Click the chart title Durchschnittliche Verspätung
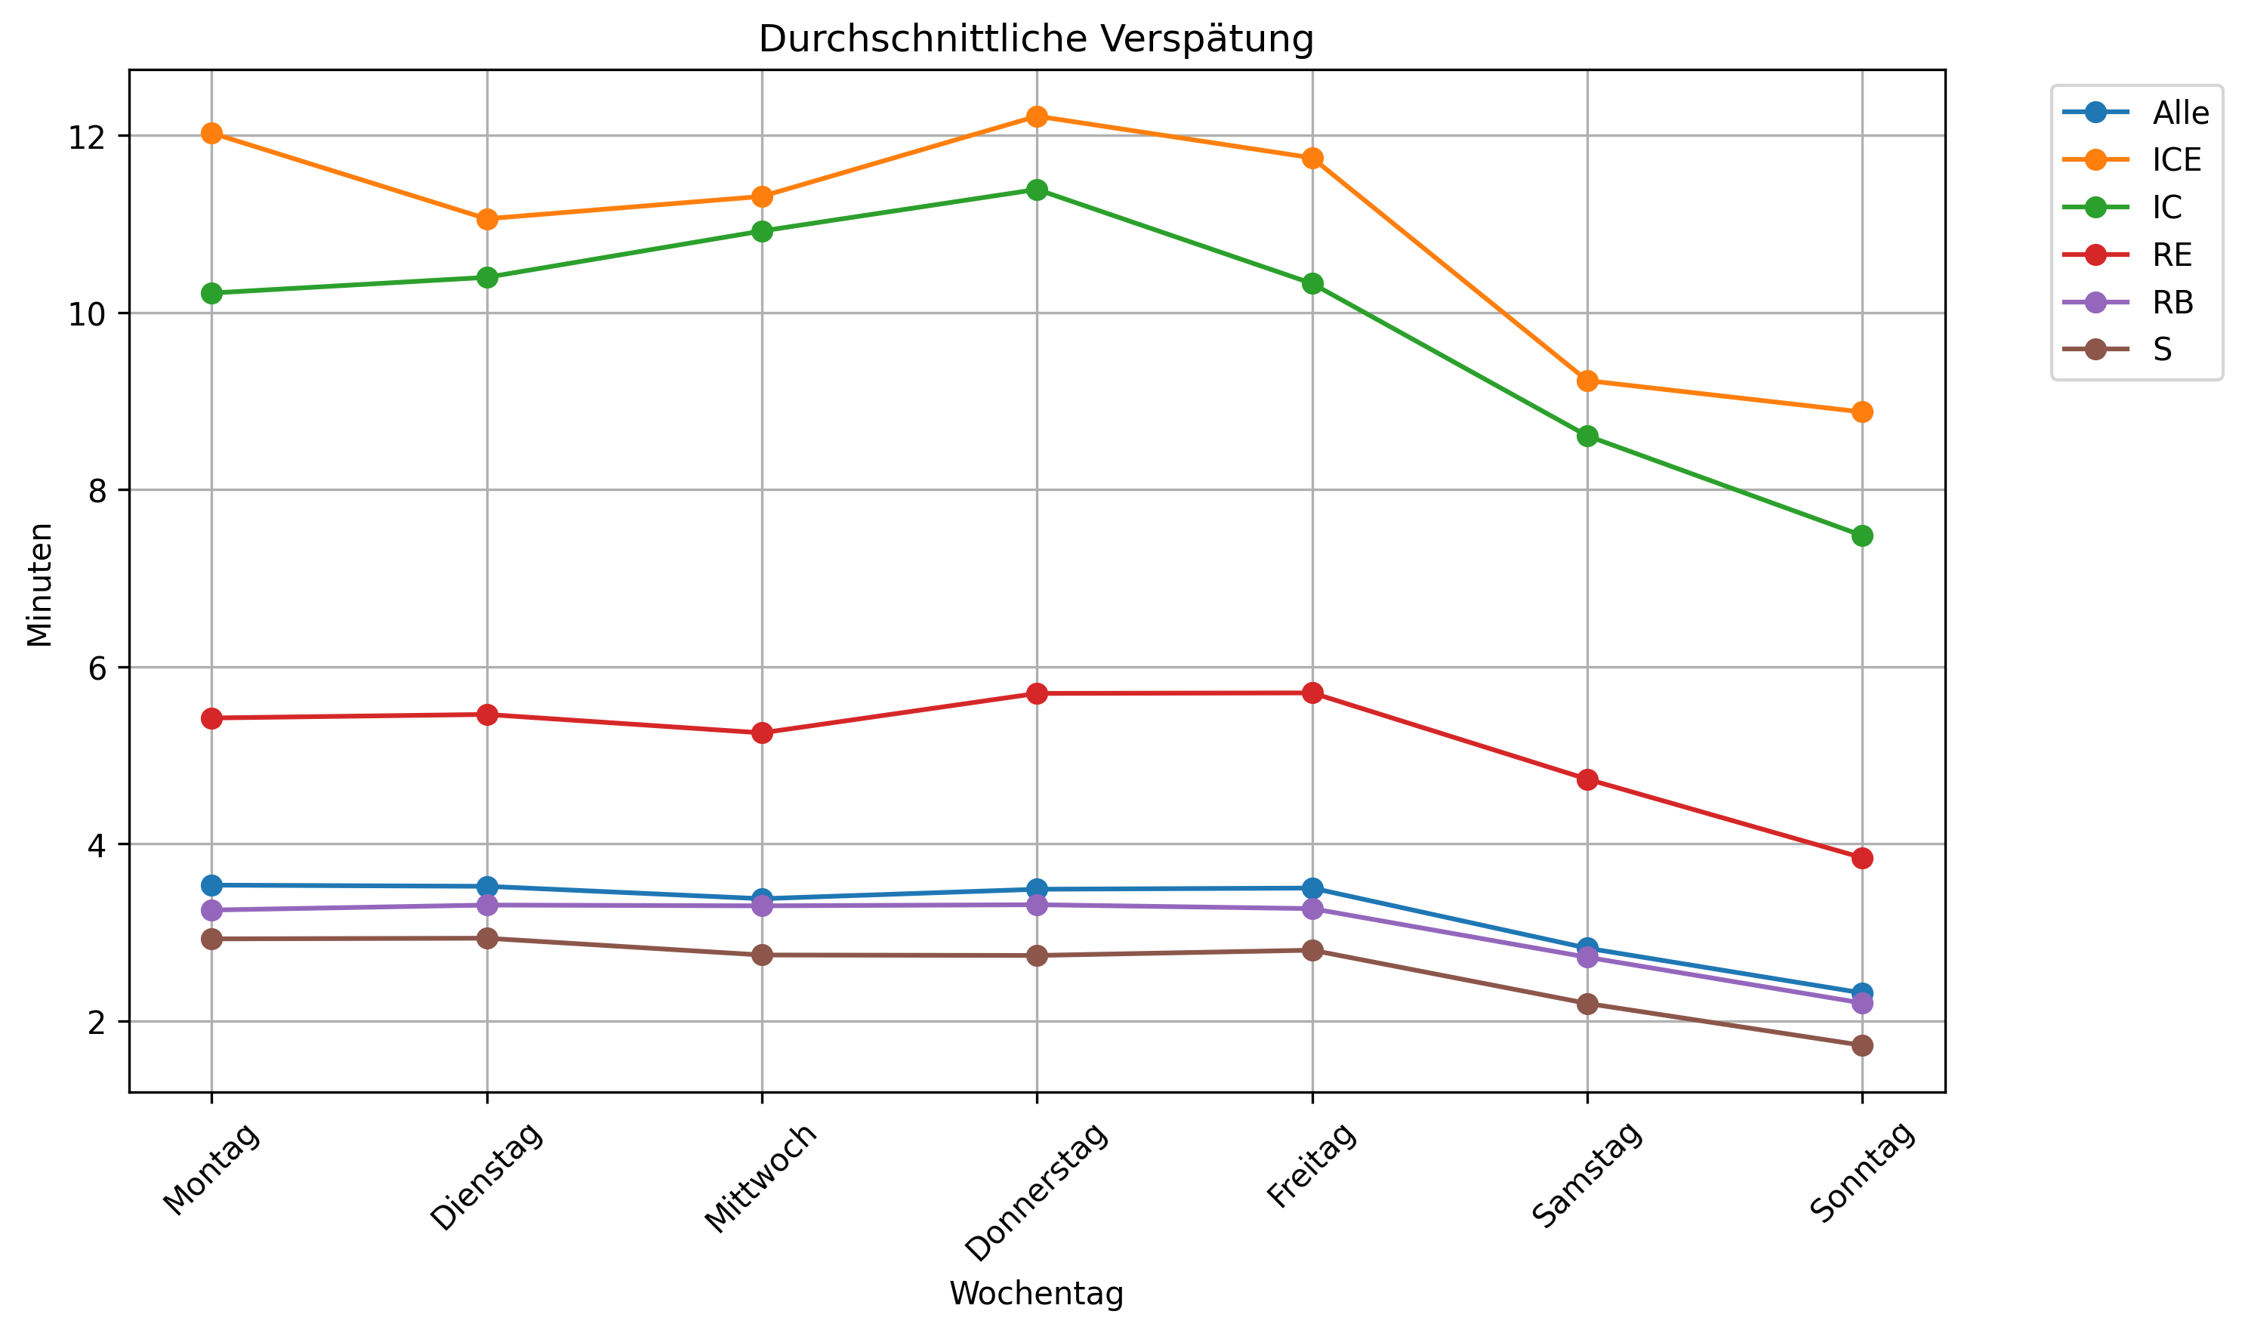point(1035,39)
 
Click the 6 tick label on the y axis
point(95,668)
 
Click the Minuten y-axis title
point(39,585)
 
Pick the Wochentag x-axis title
point(1035,1294)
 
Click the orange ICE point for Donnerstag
point(1036,117)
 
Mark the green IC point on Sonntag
point(1861,536)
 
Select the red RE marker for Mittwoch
point(761,733)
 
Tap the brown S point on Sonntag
point(1861,1045)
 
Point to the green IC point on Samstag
point(1587,437)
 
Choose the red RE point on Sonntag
point(1861,858)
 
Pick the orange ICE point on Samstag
point(1587,381)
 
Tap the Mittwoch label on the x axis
point(761,1177)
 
